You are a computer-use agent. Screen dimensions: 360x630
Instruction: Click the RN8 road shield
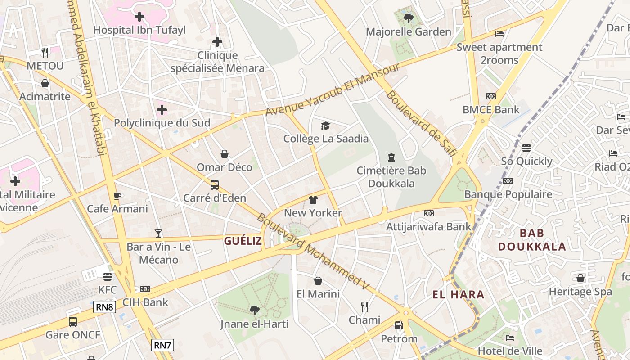click(105, 307)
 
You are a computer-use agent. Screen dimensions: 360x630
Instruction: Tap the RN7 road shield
click(162, 345)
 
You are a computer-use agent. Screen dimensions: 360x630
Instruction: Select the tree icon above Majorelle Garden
click(409, 18)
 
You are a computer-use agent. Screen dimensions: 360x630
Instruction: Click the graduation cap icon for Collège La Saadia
click(325, 126)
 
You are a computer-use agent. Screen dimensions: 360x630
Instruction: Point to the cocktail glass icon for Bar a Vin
click(158, 233)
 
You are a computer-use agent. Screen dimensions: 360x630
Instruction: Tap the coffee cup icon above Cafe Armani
click(117, 196)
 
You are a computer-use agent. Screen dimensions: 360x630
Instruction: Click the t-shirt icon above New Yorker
click(313, 200)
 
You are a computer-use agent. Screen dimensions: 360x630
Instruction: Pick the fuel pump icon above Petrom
click(399, 325)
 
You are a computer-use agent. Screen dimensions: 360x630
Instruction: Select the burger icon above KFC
click(107, 276)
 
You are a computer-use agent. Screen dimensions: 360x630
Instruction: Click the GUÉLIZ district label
click(243, 241)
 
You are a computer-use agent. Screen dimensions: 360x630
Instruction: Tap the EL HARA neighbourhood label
click(459, 295)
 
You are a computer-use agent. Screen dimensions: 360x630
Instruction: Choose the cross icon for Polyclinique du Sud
click(162, 109)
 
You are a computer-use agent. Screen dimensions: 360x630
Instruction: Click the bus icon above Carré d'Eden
click(215, 184)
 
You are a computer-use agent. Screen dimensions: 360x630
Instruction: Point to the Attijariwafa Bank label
click(429, 227)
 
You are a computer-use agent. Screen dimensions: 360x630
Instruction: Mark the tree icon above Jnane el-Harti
click(254, 310)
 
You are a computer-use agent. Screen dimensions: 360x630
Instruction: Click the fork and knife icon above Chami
click(364, 307)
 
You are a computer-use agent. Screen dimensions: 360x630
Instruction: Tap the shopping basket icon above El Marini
click(318, 281)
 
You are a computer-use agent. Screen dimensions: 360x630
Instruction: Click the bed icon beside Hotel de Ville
click(510, 337)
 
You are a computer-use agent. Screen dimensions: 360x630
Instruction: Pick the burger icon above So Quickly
click(526, 148)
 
